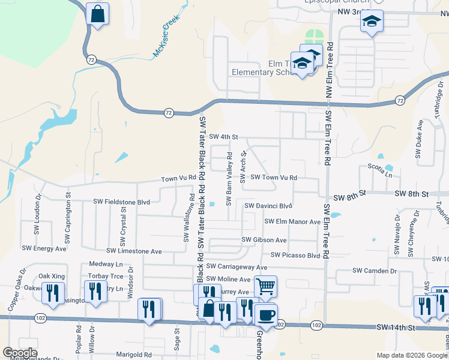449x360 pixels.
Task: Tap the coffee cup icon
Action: pyautogui.click(x=265, y=314)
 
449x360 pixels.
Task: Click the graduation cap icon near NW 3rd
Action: pyautogui.click(x=372, y=22)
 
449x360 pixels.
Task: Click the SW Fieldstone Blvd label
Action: pyautogui.click(x=121, y=202)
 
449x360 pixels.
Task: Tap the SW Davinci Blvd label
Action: pyautogui.click(x=268, y=206)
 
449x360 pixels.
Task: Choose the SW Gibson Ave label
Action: pyautogui.click(x=264, y=240)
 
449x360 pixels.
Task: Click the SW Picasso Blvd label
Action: pyautogui.click(x=295, y=255)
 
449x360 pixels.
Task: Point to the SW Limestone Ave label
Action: pyautogui.click(x=134, y=251)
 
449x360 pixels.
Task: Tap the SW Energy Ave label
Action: pyautogui.click(x=44, y=248)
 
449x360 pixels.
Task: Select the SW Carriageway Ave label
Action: pyautogui.click(x=237, y=266)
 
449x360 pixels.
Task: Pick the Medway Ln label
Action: pyautogui.click(x=106, y=264)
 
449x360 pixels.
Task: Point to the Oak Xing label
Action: pyautogui.click(x=52, y=276)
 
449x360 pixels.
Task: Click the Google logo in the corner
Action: pyautogui.click(x=20, y=353)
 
